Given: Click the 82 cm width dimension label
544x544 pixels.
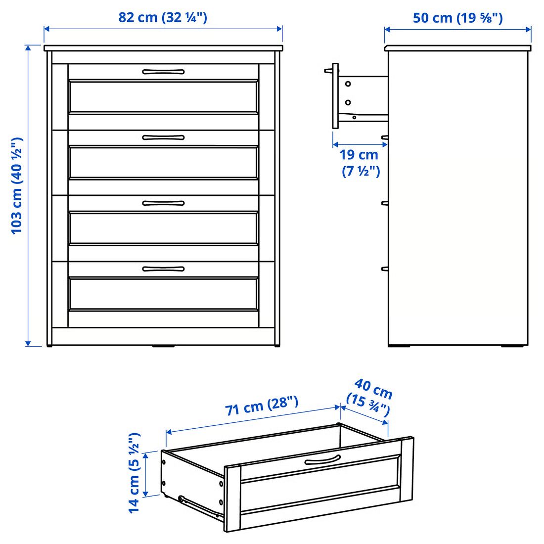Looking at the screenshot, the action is coord(163,17).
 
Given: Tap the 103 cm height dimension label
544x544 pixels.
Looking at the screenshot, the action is coord(17,186).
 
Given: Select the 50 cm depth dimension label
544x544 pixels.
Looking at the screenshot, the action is coord(457,18).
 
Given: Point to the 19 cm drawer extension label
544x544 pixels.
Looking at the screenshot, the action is coord(360,163).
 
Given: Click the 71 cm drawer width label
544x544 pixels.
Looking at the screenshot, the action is coord(262,406).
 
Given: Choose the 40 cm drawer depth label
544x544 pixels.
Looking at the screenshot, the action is coord(370,398).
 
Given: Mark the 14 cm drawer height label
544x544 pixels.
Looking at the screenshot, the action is coord(134,473).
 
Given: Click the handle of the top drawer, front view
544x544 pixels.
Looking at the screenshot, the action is coord(163,72).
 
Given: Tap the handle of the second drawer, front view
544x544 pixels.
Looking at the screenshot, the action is coord(163,137).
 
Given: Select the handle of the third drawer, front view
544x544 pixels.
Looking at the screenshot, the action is coord(163,203).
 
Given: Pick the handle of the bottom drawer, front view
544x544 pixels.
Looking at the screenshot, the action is coord(163,269).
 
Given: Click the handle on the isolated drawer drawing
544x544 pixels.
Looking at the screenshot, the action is coord(322,460).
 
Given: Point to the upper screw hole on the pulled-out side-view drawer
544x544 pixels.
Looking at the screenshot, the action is coord(348,84).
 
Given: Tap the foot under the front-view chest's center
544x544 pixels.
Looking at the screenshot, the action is coord(163,346).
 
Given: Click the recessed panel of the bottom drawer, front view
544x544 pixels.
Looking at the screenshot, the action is coord(163,293).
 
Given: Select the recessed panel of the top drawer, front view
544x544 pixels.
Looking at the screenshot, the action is coord(163,96).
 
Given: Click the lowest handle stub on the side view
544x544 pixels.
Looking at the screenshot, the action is coord(384,269).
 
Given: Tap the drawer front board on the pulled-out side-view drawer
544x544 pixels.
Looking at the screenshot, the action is coord(335,96).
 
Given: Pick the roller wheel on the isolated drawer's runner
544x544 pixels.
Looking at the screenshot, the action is coord(181,499).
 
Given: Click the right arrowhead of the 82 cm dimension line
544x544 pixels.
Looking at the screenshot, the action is coord(280,29).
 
